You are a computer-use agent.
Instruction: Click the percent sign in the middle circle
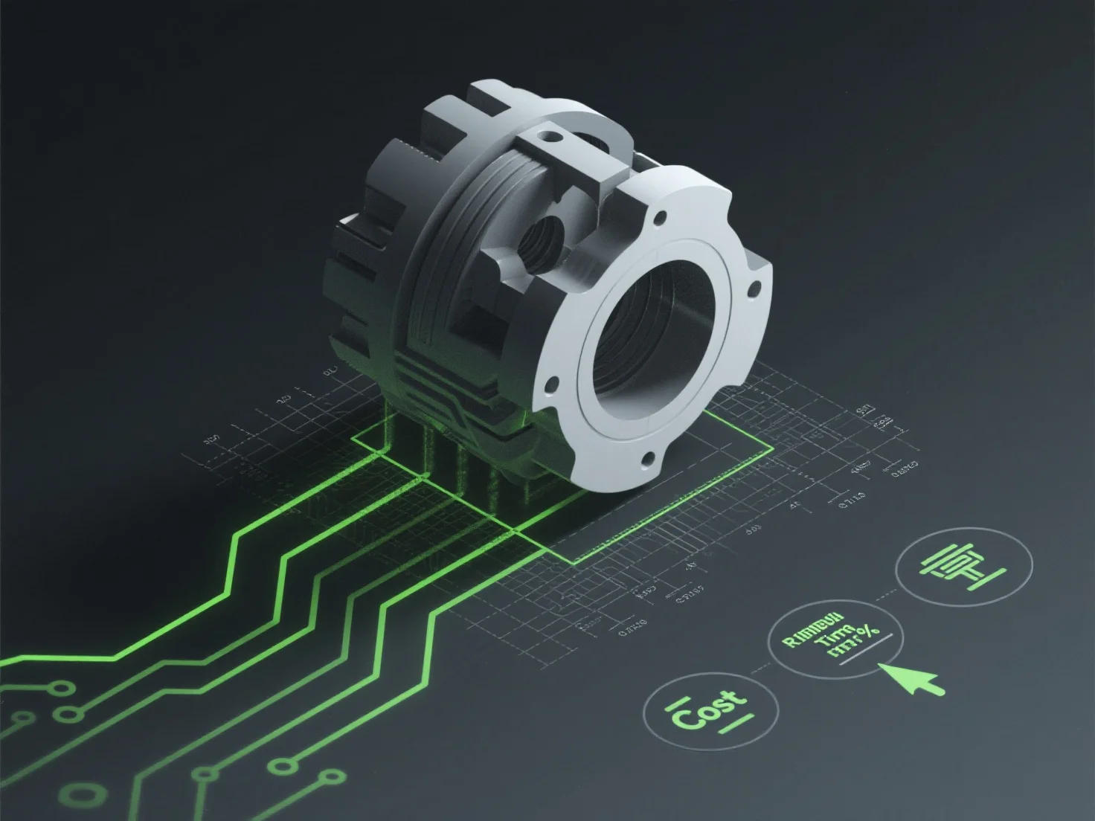(865, 632)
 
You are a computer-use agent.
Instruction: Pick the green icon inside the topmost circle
(964, 567)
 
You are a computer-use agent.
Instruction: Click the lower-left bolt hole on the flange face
(551, 385)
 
